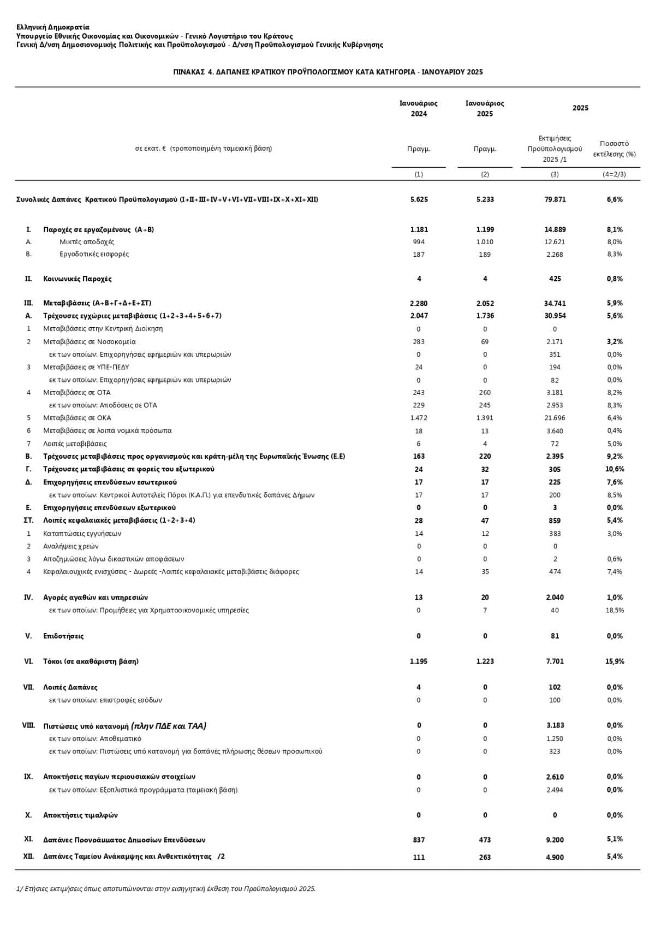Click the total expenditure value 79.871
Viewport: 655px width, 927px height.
point(555,199)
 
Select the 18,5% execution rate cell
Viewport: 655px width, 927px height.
point(614,610)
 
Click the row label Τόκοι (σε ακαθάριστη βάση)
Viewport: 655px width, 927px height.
point(91,662)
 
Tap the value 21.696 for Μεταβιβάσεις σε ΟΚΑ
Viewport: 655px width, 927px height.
point(555,418)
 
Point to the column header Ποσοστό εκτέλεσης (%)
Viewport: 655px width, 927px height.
point(614,149)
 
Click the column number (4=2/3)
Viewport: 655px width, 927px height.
point(614,174)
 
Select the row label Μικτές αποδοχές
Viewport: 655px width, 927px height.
point(87,242)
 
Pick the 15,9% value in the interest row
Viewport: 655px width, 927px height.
point(614,662)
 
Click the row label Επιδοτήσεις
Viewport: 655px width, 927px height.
point(63,636)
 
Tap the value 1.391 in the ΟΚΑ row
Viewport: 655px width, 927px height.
point(485,418)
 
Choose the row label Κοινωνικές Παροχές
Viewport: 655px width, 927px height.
point(77,279)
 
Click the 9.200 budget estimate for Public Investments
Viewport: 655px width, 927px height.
point(555,840)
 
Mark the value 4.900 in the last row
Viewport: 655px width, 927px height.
point(555,857)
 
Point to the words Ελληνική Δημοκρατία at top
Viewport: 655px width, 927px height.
point(53,27)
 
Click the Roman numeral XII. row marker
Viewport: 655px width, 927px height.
point(28,857)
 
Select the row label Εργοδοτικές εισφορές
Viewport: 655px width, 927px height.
point(94,254)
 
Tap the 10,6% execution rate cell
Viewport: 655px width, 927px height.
point(614,469)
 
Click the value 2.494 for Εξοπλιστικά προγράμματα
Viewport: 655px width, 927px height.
point(555,790)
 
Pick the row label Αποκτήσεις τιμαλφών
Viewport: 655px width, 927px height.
point(80,815)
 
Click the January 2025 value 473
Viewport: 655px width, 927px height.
point(485,840)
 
